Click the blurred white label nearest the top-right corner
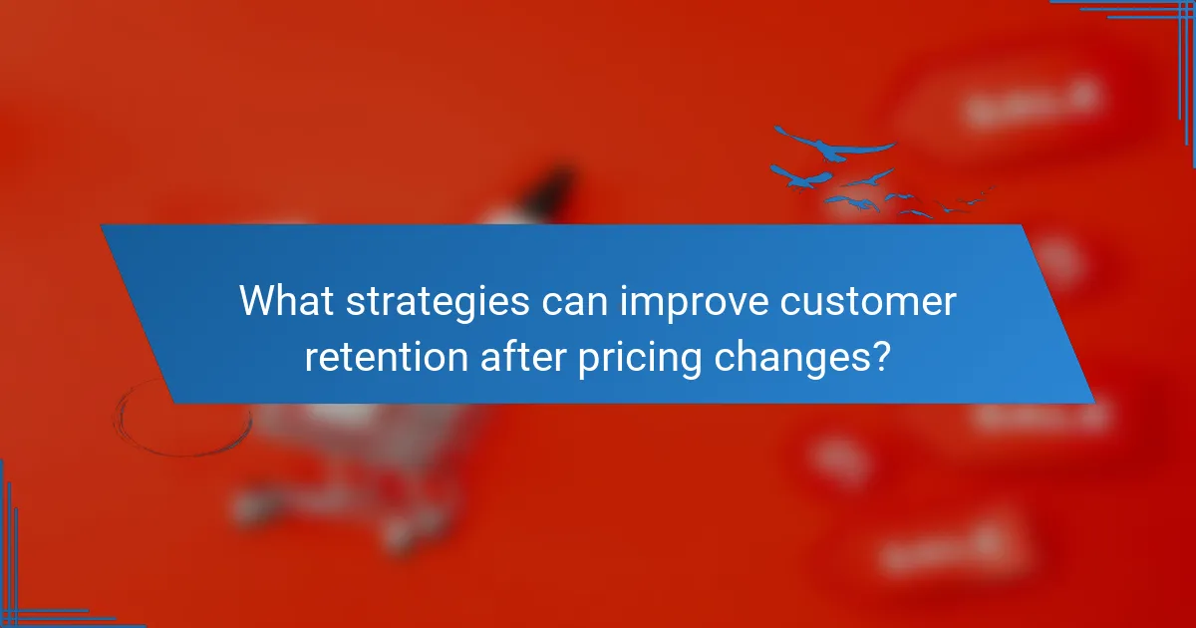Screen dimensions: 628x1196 (1032, 103)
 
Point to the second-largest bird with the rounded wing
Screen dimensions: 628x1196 (802, 177)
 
